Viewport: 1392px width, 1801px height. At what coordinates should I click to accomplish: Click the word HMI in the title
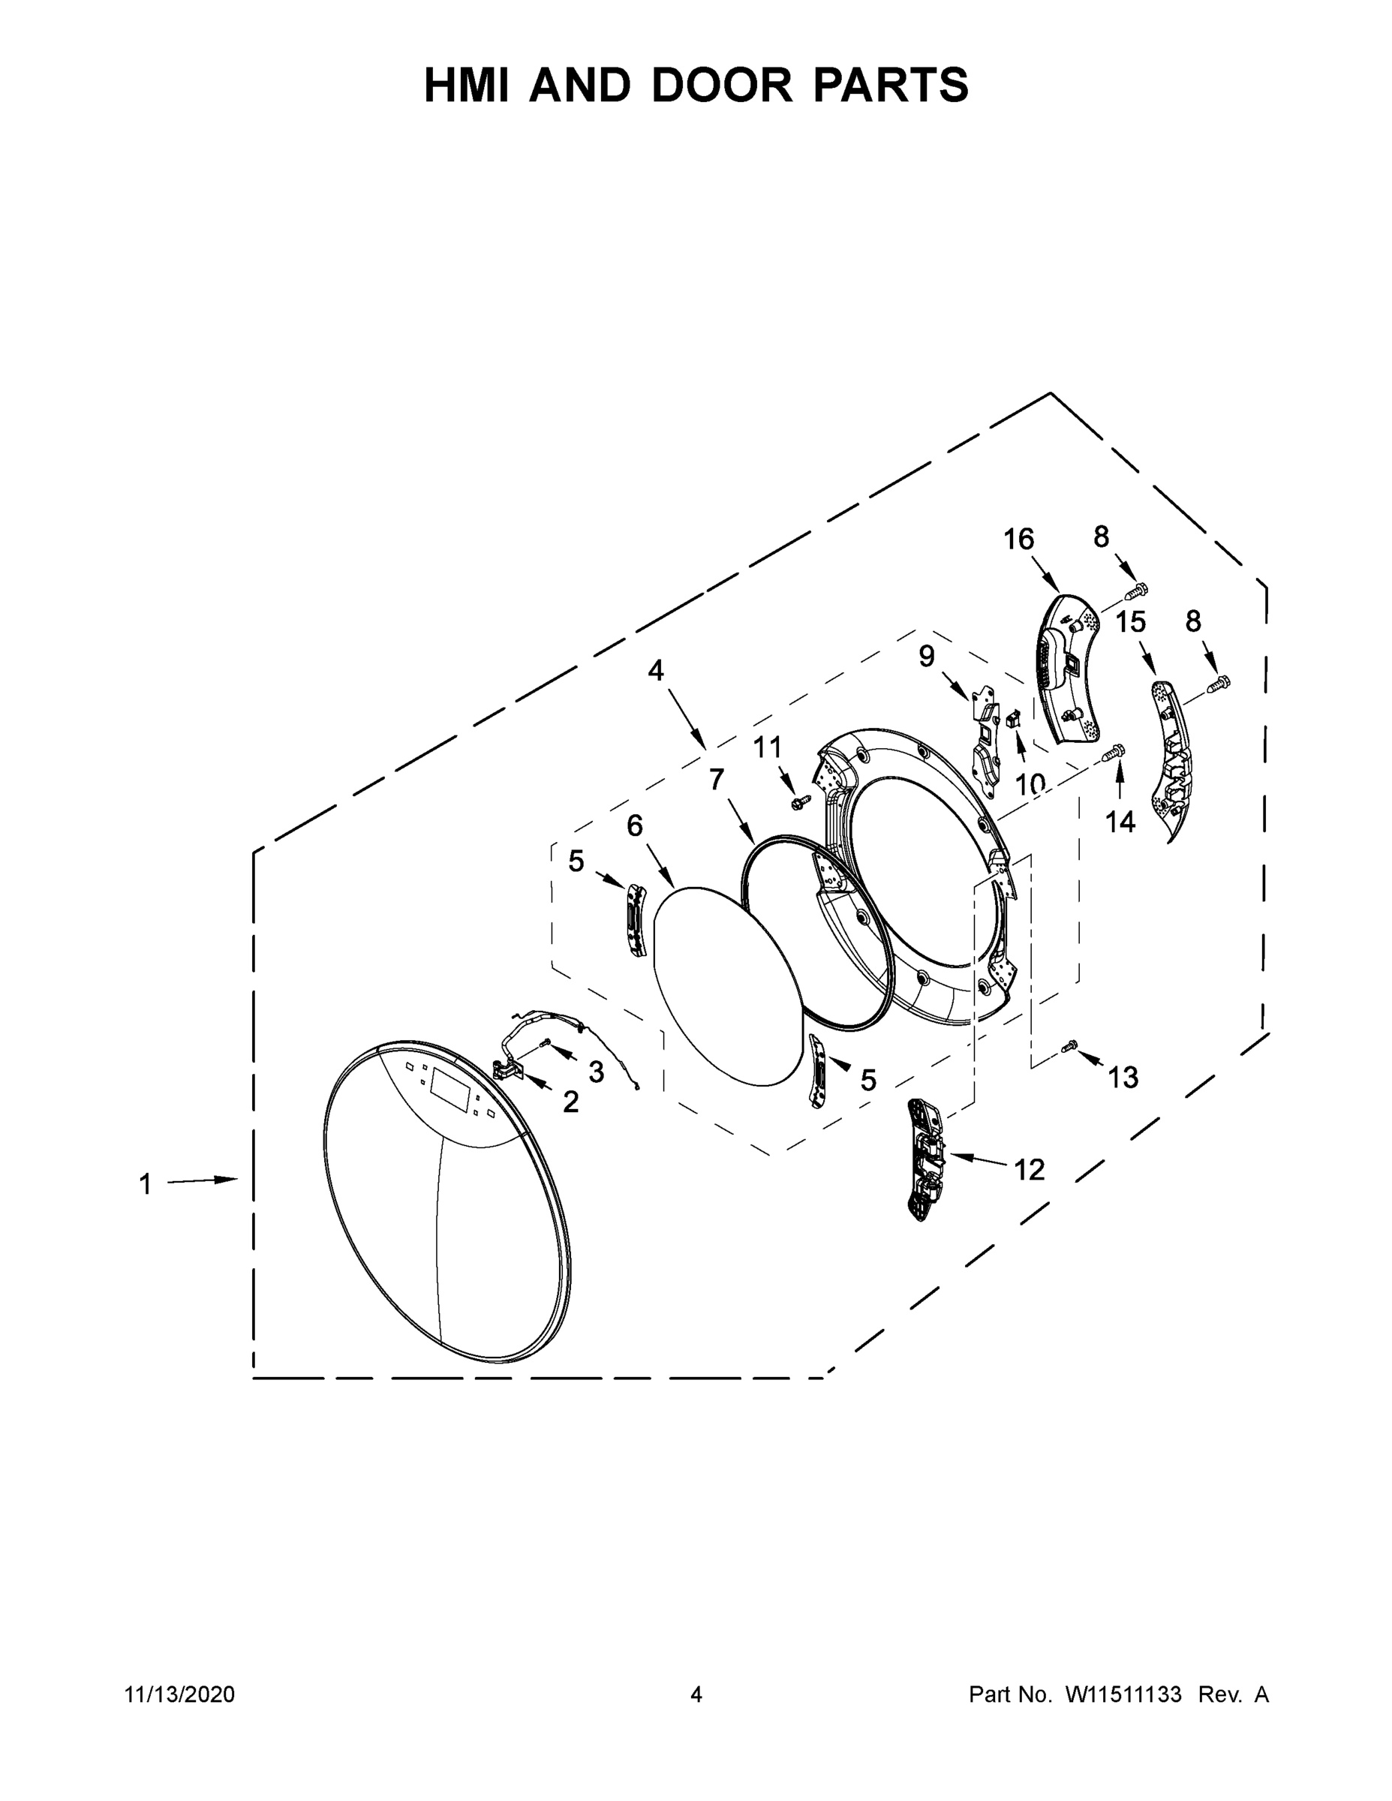pyautogui.click(x=468, y=85)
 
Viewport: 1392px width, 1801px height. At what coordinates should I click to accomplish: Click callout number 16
pyautogui.click(x=1018, y=540)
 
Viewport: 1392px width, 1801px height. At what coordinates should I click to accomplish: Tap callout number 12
pyautogui.click(x=1029, y=1168)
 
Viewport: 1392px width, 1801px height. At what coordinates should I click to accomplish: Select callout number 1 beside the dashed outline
pyautogui.click(x=145, y=1185)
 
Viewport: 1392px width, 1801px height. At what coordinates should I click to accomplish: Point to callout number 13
pyautogui.click(x=1123, y=1077)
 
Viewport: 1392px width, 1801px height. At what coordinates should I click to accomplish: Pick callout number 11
pyautogui.click(x=767, y=748)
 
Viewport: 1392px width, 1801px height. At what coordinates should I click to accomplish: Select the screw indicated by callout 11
pyautogui.click(x=798, y=801)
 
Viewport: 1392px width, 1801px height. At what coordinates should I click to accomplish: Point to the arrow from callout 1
pyautogui.click(x=202, y=1182)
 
